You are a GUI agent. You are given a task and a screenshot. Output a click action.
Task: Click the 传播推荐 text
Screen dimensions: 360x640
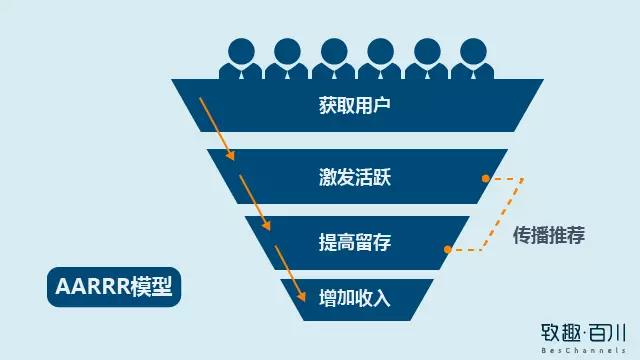pyautogui.click(x=548, y=236)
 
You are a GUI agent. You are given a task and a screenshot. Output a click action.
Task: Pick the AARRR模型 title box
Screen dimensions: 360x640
pyautogui.click(x=112, y=287)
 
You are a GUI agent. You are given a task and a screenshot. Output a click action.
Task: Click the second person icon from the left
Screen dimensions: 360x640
pyautogui.click(x=288, y=58)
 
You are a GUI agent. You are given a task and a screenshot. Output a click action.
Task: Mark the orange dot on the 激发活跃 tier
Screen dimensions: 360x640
pyautogui.click(x=485, y=178)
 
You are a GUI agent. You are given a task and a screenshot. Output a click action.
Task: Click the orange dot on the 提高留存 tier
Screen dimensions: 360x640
pyautogui.click(x=447, y=249)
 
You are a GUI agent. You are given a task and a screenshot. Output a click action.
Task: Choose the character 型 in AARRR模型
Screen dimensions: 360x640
pyautogui.click(x=161, y=287)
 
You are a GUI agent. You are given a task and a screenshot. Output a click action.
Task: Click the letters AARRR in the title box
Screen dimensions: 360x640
pyautogui.click(x=85, y=287)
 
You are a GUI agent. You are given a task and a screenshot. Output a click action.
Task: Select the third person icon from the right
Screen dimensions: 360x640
pyautogui.click(x=380, y=58)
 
